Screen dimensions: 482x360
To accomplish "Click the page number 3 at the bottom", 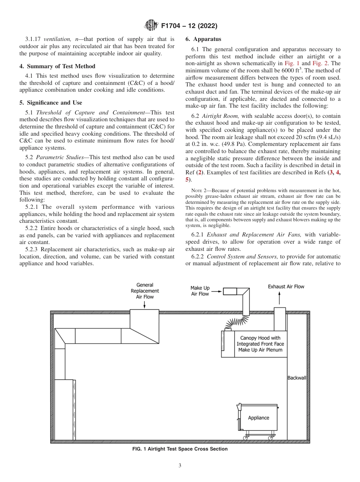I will point(180,466).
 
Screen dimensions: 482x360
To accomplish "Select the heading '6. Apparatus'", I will point(203,39).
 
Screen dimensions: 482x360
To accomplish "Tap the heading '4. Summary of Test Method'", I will point(57,66).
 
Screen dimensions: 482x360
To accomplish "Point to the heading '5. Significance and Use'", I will point(51,103).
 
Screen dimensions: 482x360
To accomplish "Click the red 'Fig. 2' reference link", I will point(319,63).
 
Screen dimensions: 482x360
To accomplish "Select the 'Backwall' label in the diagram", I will point(297,378).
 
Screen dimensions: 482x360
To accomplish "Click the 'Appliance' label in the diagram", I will point(258,418).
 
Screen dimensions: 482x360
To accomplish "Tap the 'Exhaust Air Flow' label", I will point(286,287).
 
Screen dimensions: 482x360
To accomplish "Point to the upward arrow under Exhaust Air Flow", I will point(280,299).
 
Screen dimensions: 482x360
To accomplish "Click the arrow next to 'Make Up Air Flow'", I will point(216,291).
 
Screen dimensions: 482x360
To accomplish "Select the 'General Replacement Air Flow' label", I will point(144,291).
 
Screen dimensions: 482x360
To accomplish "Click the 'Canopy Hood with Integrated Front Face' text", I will point(260,341).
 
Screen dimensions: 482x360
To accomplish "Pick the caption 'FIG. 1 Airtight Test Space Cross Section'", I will point(180,449).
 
